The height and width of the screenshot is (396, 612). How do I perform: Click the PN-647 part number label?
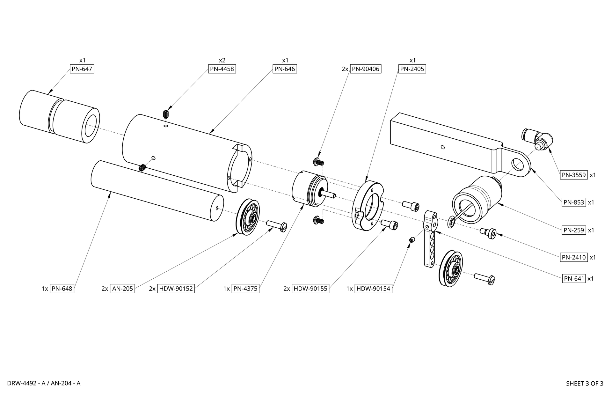click(x=82, y=69)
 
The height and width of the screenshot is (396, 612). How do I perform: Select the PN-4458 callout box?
click(x=222, y=69)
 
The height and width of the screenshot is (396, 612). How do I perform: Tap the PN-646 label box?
click(x=285, y=69)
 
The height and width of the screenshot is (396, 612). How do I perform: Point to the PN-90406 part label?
click(x=366, y=69)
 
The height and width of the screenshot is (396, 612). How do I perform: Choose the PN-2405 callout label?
click(x=412, y=69)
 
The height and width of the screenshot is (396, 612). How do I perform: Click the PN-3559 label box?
click(x=574, y=175)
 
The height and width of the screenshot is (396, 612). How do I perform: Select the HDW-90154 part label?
click(x=373, y=289)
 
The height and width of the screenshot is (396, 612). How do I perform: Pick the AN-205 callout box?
click(x=122, y=289)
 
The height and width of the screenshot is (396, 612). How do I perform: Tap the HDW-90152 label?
click(x=176, y=289)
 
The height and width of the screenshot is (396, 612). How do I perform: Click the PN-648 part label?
click(x=62, y=289)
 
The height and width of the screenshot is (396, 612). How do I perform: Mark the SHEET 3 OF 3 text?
click(x=585, y=384)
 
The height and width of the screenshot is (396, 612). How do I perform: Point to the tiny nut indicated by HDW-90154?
click(x=412, y=240)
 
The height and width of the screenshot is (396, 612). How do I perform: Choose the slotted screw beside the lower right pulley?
click(x=484, y=279)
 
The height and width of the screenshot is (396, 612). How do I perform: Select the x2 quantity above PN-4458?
click(x=222, y=60)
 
